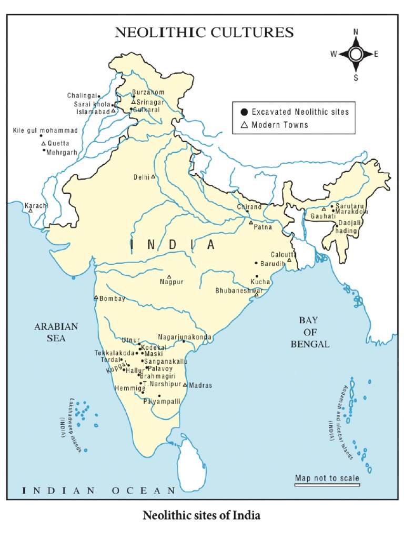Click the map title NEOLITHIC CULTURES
coord(204,32)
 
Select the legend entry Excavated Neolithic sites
coord(300,112)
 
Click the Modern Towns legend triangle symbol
coord(244,125)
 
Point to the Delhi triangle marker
coord(153,177)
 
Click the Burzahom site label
coord(148,92)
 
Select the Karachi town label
coord(36,205)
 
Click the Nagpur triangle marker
coord(169,276)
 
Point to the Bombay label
coord(113,299)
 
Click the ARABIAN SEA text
coord(56,332)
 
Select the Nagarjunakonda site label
coord(185,337)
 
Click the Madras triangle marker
coord(185,384)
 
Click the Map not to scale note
coord(327,478)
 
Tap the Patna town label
coord(262,227)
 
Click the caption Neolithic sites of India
coord(201,515)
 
